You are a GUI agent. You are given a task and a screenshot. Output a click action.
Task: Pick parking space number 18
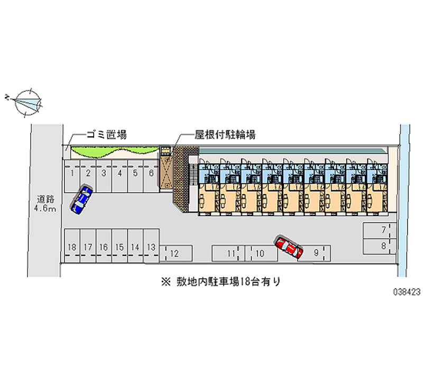click(x=72, y=247)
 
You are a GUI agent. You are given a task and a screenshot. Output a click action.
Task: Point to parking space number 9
click(x=316, y=253)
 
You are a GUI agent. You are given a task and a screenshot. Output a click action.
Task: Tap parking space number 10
click(x=260, y=254)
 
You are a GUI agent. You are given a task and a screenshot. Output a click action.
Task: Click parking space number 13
click(x=151, y=247)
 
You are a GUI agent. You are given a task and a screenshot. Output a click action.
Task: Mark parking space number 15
click(x=119, y=247)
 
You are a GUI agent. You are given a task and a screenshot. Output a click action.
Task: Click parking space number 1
click(x=72, y=173)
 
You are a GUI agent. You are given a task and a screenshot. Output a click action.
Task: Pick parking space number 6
click(x=151, y=173)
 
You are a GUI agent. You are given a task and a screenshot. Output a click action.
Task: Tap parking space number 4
click(x=120, y=173)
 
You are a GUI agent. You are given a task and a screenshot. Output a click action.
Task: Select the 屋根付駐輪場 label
click(x=225, y=135)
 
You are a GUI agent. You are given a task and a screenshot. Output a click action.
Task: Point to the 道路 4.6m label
click(x=46, y=204)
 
